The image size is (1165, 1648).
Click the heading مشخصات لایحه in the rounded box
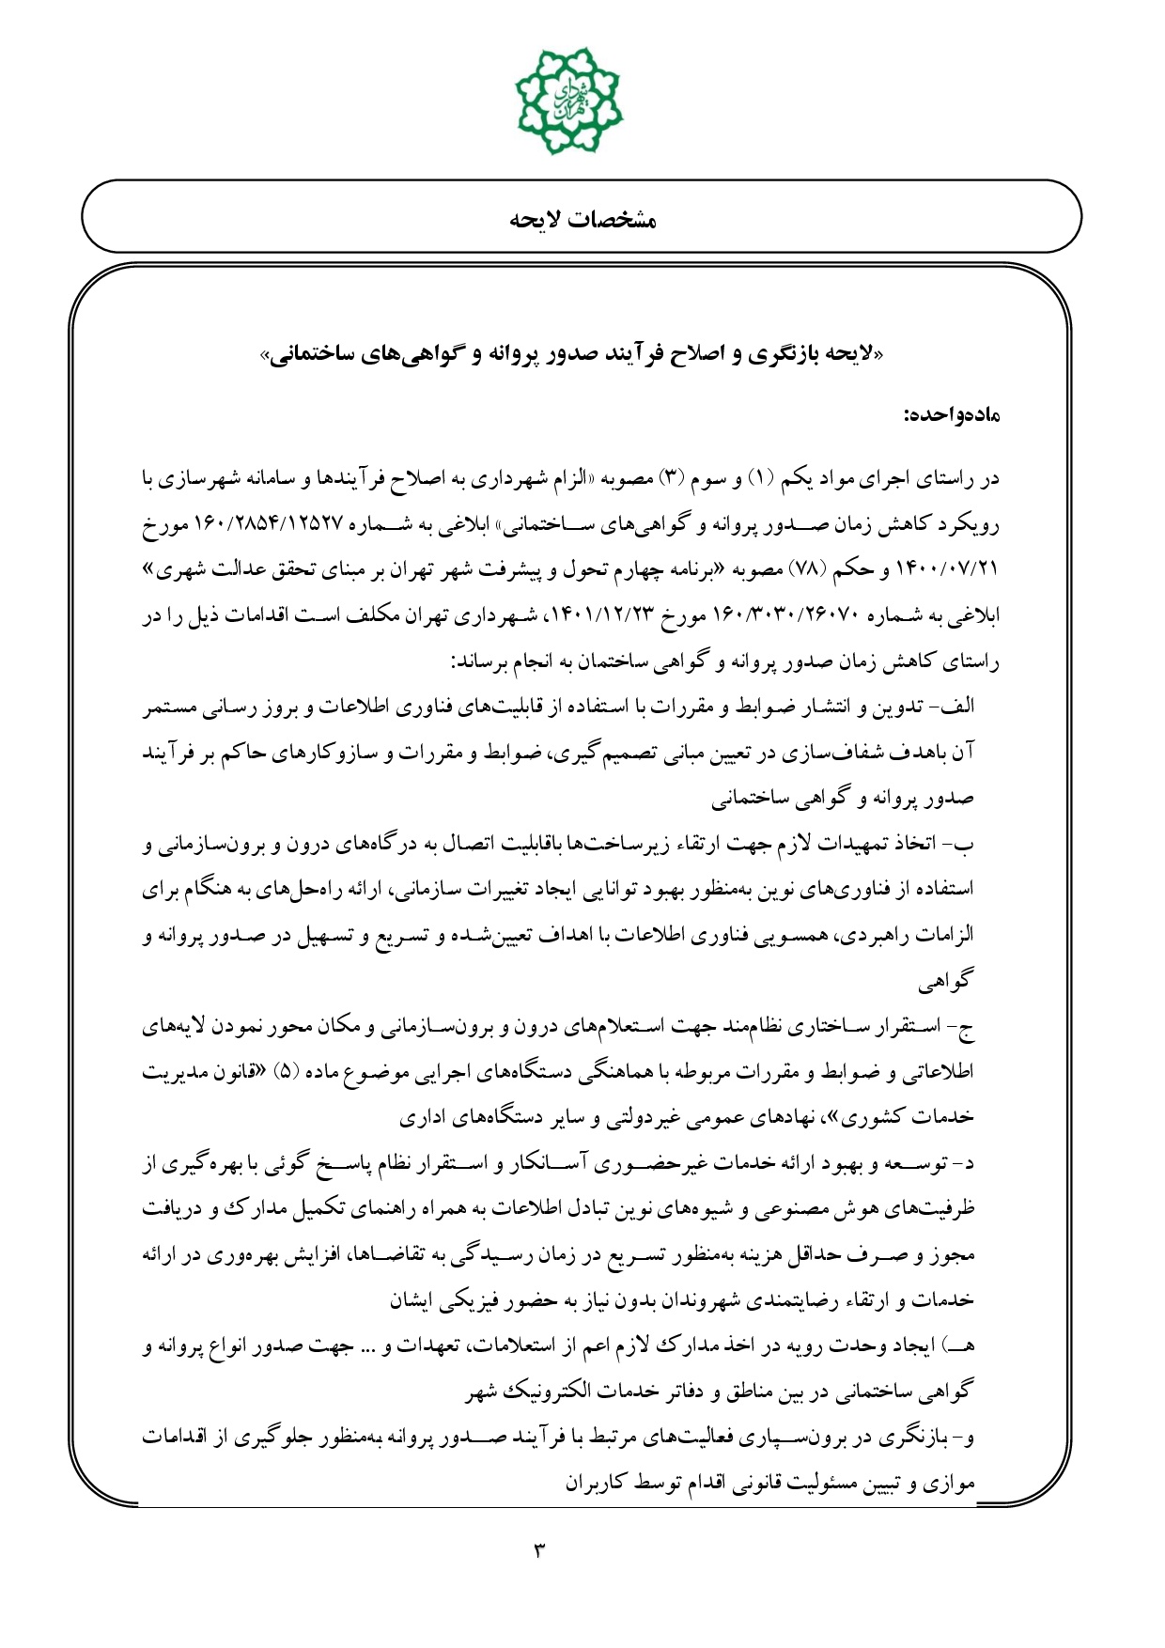[582, 220]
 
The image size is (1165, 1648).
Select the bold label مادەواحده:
[951, 415]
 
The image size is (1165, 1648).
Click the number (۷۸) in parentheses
[803, 570]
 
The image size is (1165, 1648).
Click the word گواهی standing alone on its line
[947, 983]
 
